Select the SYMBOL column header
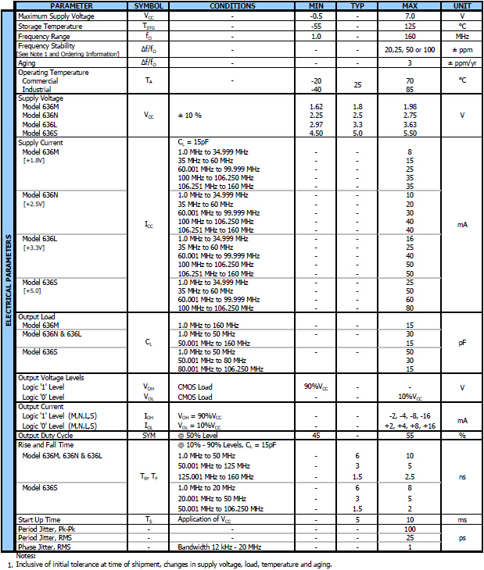pos(149,6)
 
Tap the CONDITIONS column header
pos(232,6)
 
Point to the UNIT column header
pos(462,6)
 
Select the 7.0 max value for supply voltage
pos(409,16)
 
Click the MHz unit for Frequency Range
pos(462,36)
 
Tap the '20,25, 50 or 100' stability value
pos(409,49)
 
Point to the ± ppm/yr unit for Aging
pos(462,62)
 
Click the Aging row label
pos(27,62)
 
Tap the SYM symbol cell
pos(149,435)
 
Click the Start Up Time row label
pos(39,519)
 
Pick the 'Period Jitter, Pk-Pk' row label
pos(48,529)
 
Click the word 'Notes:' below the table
pos(16,556)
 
